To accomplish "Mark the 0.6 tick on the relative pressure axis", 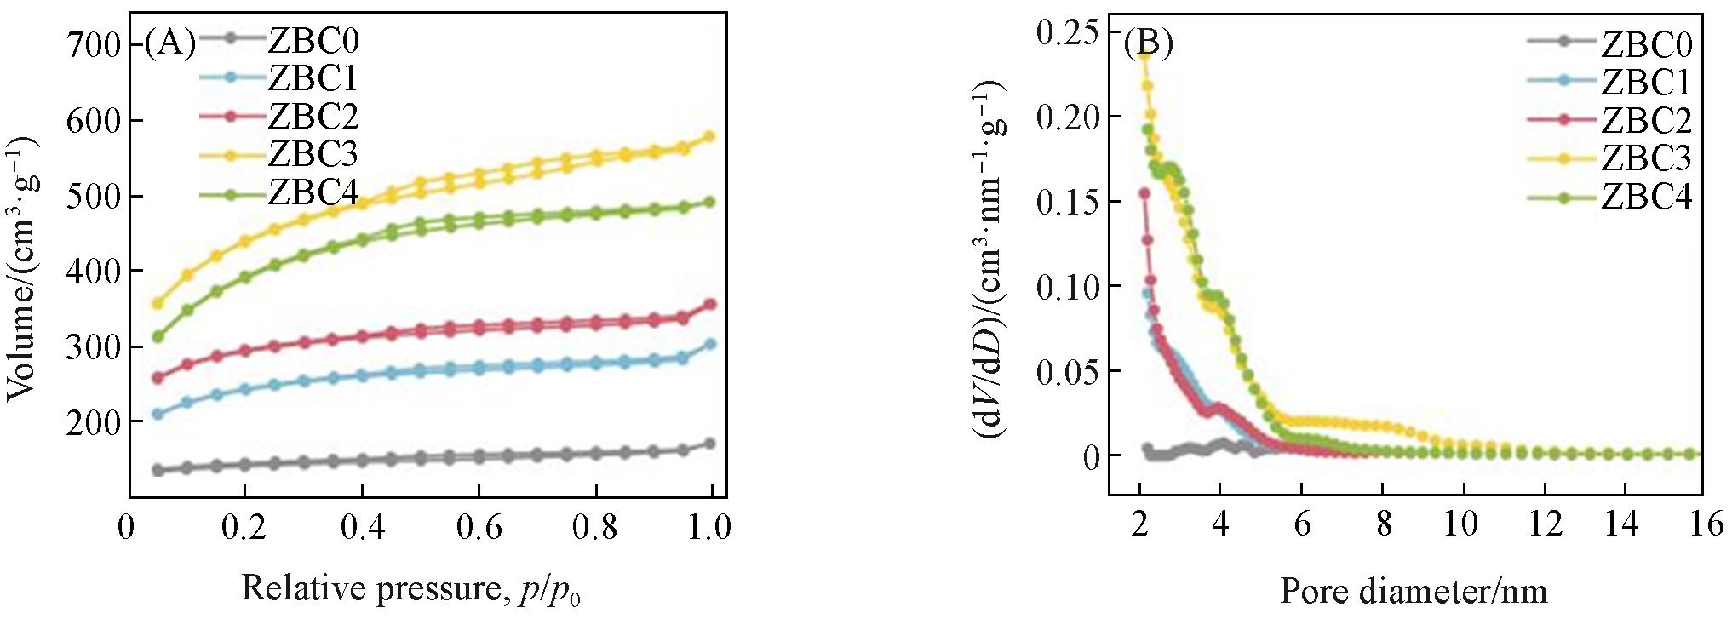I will coord(479,528).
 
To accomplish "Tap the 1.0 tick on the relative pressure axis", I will coord(709,528).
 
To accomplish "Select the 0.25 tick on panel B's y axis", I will coord(1067,31).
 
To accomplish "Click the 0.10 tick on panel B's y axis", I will coord(1067,286).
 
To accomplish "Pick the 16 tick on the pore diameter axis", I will coord(1706,524).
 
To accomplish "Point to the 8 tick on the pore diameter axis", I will coord(1384,524).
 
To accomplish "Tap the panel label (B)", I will coord(1149,43).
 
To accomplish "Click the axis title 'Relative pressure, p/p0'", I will coord(411,589).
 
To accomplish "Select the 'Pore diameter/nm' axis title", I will coord(1413,590).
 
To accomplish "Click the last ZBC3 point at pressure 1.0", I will coord(709,136).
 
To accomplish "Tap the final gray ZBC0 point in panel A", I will coord(709,444).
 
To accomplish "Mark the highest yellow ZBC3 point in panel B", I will coord(1144,54).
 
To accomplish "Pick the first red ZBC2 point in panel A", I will coord(158,377).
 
